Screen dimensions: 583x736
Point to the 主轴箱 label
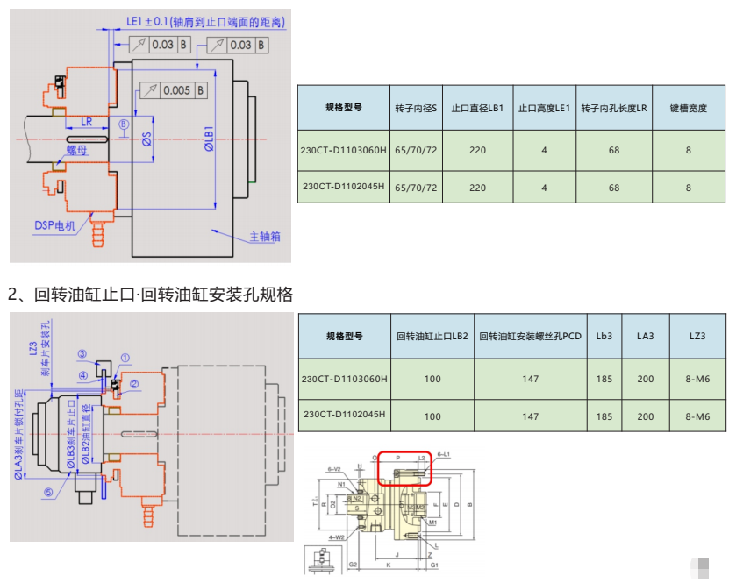click(266, 237)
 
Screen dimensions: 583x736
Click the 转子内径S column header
click(416, 108)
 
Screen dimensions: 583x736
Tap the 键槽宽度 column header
click(688, 108)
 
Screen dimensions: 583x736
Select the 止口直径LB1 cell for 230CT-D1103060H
click(477, 150)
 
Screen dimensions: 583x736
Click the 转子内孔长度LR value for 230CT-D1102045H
click(613, 188)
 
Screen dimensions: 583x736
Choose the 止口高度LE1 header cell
click(544, 108)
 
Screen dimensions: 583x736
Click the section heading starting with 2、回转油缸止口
click(150, 294)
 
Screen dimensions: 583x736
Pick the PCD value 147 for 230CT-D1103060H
click(530, 380)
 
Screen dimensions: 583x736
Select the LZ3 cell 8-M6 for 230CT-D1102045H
click(697, 416)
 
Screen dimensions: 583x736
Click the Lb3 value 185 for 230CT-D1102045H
click(604, 416)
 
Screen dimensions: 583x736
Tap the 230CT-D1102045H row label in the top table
click(344, 188)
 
